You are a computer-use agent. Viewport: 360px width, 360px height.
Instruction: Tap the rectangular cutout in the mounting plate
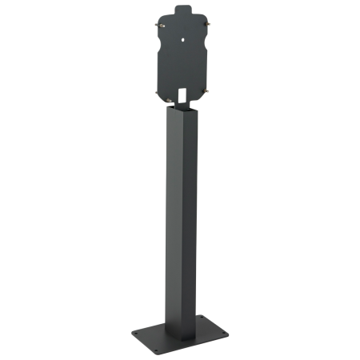(x=182, y=95)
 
